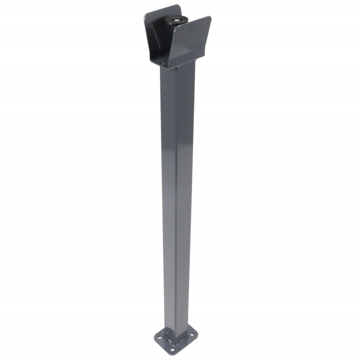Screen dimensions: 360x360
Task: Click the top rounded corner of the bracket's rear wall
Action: click(x=177, y=7)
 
